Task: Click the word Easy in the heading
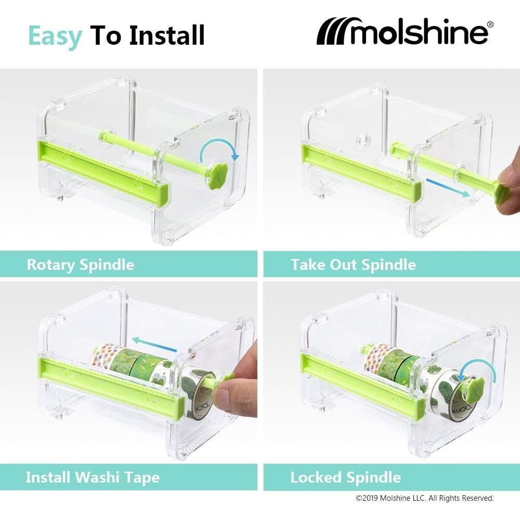pos(55,35)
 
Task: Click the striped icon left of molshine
pos(335,33)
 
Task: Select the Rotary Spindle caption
pos(80,265)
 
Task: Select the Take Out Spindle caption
pos(353,265)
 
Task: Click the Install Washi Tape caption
pos(93,477)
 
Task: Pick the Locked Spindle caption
pos(345,477)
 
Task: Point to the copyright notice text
pos(424,498)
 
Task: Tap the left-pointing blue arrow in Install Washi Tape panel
pos(151,341)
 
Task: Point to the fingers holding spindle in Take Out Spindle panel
pos(507,187)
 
